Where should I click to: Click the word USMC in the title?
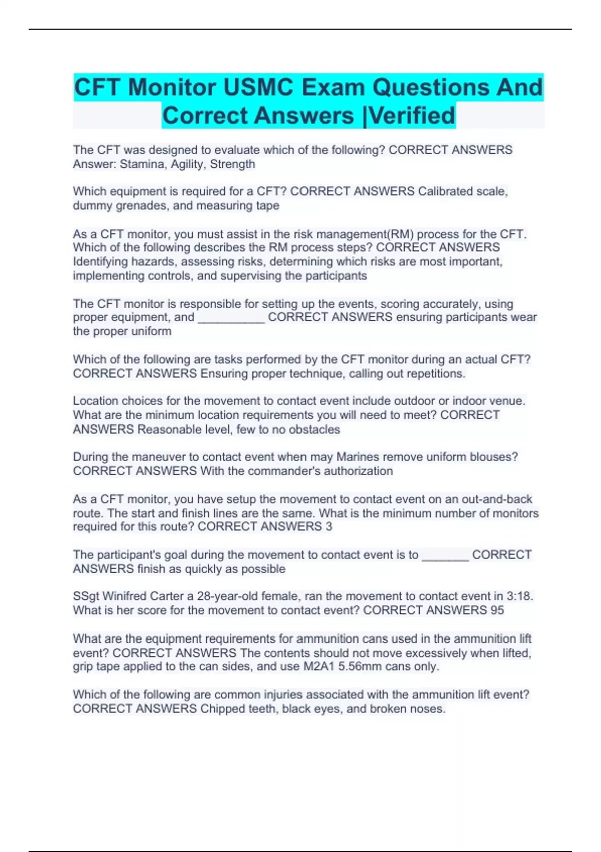coord(258,88)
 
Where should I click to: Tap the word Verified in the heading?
coord(412,116)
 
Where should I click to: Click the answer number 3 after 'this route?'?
coord(329,527)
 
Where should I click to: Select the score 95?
coord(497,610)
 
